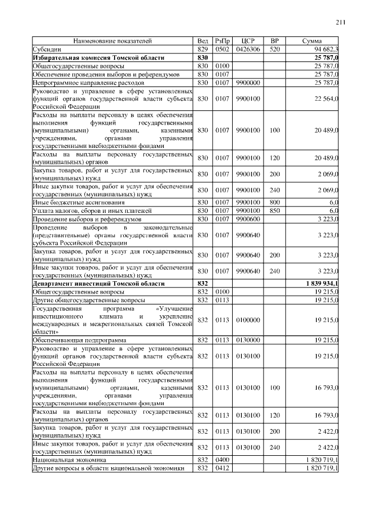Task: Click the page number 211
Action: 341,22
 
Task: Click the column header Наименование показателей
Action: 112,41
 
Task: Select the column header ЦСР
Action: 248,41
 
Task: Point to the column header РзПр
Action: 222,41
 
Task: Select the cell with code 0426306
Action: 248,50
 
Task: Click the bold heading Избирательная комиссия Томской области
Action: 99,58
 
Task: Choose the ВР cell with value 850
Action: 274,211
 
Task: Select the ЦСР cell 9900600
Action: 248,219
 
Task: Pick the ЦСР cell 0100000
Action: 248,320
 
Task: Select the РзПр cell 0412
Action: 222,468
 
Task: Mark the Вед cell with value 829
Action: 202,50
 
